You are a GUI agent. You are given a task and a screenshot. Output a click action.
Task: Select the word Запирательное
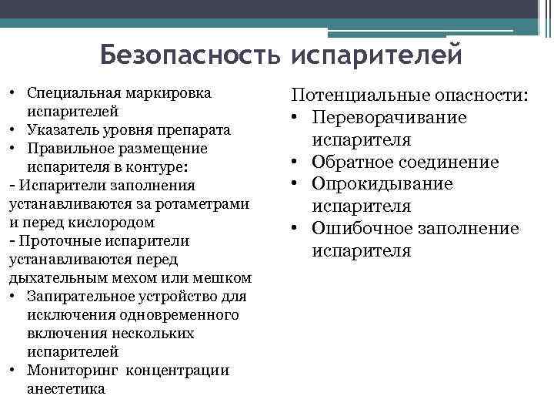[78, 297]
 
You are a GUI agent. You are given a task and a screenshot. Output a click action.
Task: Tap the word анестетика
[66, 389]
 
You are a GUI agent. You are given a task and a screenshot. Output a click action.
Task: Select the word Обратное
[356, 163]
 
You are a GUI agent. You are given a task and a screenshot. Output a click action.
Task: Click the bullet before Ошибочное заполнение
[295, 229]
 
